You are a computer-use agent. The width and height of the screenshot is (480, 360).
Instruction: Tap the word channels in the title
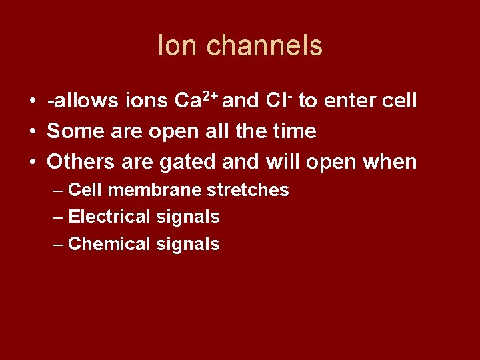pos(265,46)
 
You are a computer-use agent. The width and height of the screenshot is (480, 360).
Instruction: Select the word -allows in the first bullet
pos(82,101)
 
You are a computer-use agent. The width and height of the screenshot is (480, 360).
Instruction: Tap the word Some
pos(74,131)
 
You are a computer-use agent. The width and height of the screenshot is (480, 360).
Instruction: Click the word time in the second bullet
pos(295,131)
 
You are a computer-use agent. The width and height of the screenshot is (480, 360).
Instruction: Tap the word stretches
pos(248,190)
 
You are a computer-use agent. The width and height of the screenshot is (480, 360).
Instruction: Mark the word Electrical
pos(109,217)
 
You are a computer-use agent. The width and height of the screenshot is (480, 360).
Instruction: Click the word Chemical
pos(109,244)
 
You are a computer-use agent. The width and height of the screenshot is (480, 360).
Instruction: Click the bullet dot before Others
pos(32,162)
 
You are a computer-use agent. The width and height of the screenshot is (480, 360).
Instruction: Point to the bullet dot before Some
pos(32,132)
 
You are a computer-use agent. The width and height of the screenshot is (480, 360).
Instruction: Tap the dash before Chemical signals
pos(58,244)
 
